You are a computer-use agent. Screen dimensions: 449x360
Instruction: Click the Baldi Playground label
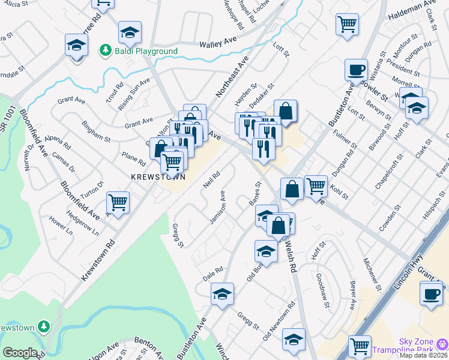pyautogui.click(x=147, y=52)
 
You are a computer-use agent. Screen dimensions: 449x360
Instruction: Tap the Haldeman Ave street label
pyautogui.click(x=412, y=10)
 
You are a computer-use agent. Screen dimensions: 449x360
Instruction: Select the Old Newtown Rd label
pyautogui.click(x=279, y=322)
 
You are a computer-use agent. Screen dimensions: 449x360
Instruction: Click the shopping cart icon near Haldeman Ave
pyautogui.click(x=347, y=25)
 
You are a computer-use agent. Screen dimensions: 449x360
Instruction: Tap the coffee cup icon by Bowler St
pyautogui.click(x=356, y=69)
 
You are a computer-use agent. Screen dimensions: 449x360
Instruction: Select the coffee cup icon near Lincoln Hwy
pyautogui.click(x=431, y=294)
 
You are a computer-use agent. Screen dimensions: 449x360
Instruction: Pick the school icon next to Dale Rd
pyautogui.click(x=222, y=294)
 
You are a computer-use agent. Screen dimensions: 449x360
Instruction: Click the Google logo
pyautogui.click(x=20, y=353)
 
